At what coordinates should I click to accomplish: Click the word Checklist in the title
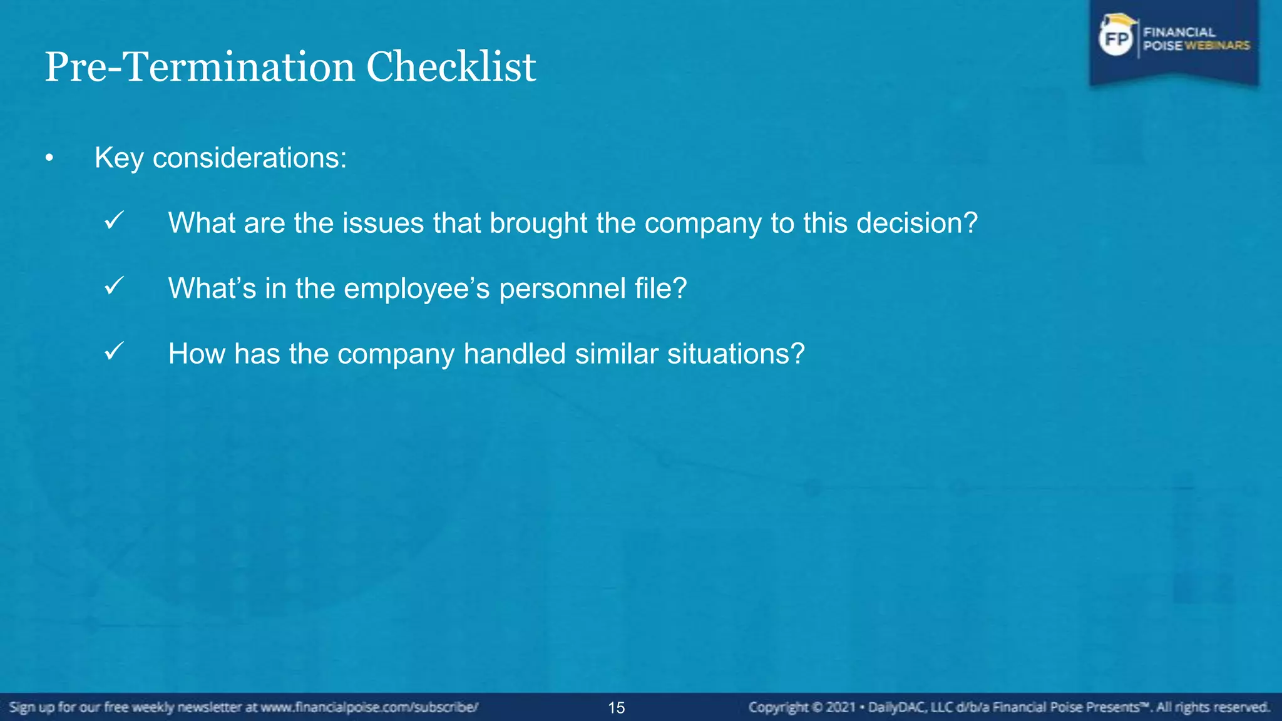click(x=451, y=67)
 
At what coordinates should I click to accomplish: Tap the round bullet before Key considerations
click(x=49, y=159)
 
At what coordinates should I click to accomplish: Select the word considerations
click(x=249, y=158)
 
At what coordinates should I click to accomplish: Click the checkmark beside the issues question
click(x=114, y=220)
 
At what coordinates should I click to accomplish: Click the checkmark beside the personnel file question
click(x=114, y=286)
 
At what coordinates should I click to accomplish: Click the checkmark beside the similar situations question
click(x=114, y=351)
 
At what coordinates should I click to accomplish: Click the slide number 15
click(x=617, y=708)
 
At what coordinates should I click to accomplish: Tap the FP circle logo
click(x=1116, y=39)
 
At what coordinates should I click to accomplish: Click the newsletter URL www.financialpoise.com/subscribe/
click(x=369, y=708)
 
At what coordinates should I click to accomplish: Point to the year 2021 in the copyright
click(x=841, y=708)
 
